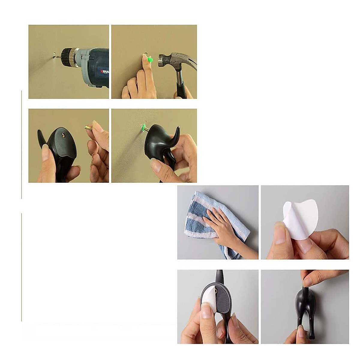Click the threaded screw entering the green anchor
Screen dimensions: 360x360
click(144, 130)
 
